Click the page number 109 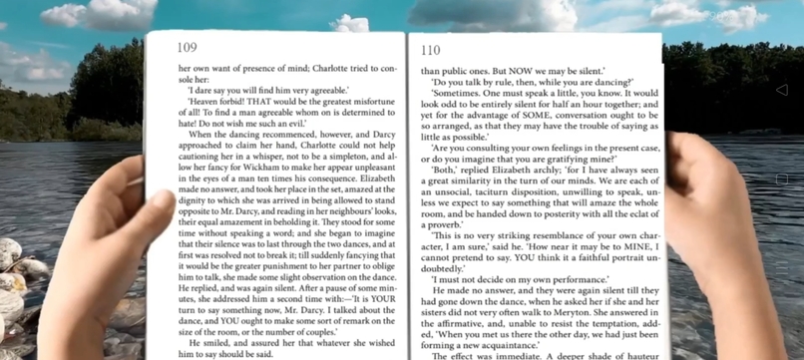(x=187, y=47)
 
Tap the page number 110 (x=430, y=50)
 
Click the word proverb (x=445, y=224)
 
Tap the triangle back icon (x=781, y=90)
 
